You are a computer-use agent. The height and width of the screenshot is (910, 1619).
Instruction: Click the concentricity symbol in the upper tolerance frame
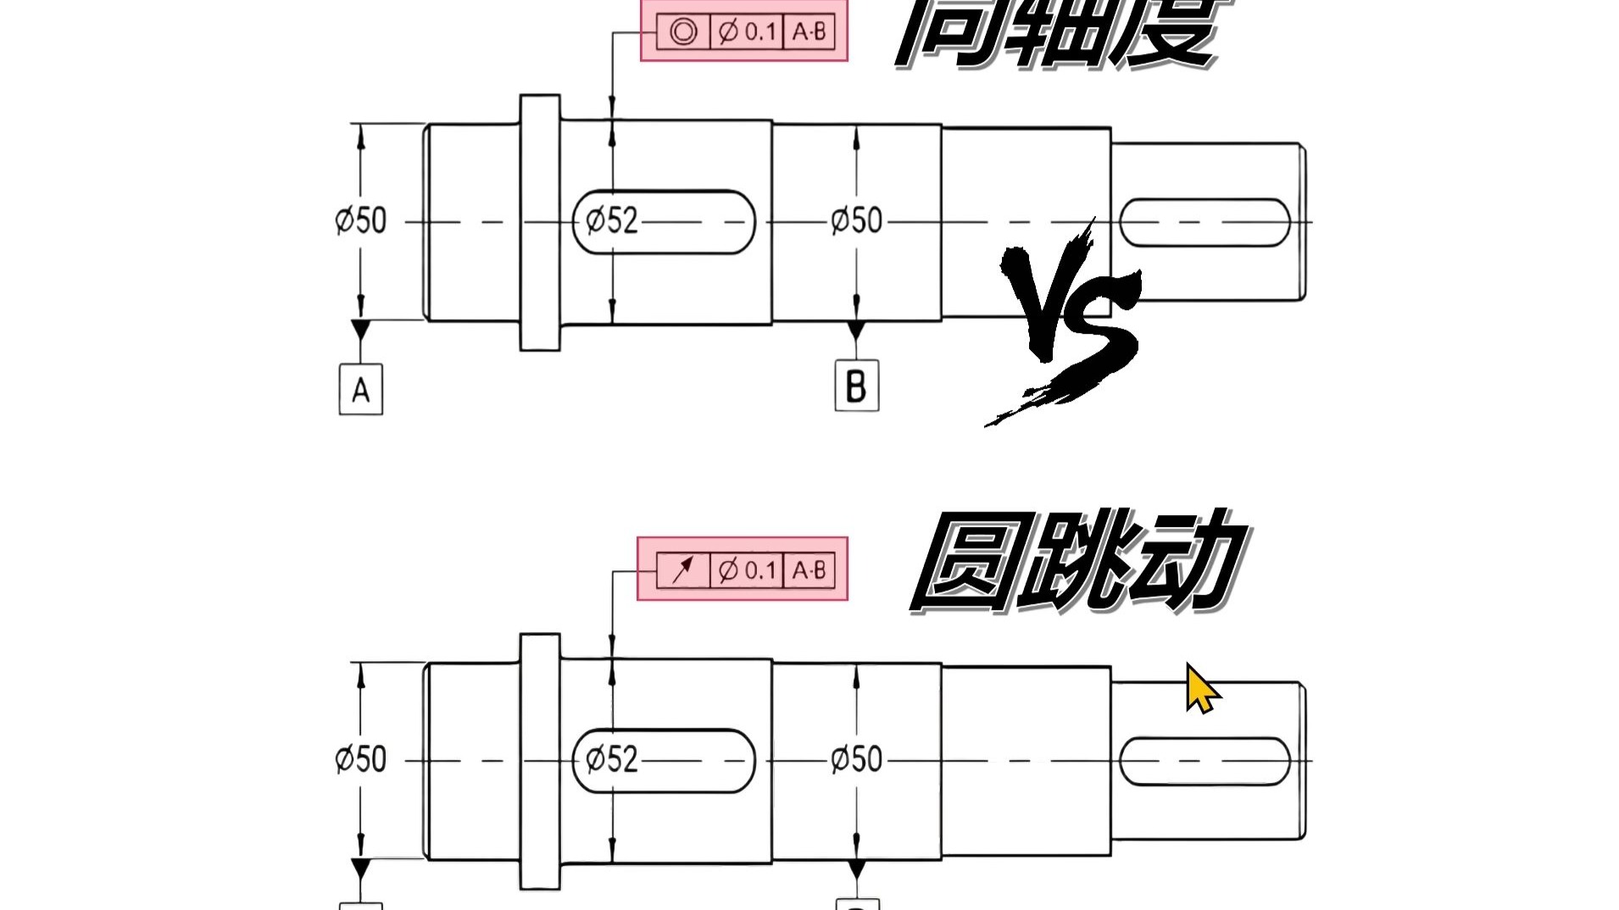pos(683,32)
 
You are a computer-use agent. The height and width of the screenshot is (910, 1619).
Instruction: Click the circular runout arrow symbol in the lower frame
pos(683,570)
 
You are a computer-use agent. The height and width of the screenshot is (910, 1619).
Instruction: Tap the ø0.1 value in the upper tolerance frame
pos(747,32)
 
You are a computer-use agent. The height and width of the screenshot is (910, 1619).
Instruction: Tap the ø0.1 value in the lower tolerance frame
pos(747,570)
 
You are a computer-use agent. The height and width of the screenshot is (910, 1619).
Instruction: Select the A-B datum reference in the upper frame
pos(809,32)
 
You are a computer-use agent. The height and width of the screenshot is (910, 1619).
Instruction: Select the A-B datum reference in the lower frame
pos(809,570)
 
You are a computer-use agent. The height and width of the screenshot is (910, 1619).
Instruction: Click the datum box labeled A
pos(361,390)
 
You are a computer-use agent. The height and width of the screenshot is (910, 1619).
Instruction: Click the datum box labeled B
pos(856,386)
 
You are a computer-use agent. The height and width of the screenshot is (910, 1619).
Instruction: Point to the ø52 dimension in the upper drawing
pos(611,220)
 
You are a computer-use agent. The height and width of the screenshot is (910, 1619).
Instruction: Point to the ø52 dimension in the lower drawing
pos(611,759)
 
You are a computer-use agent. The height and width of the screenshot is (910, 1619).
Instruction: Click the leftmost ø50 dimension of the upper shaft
pos(361,220)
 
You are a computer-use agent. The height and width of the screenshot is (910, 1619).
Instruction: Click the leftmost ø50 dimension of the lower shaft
pos(361,759)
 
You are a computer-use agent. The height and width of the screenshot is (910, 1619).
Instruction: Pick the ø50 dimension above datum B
pos(856,220)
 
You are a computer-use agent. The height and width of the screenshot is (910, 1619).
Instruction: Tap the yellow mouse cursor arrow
pos(1200,689)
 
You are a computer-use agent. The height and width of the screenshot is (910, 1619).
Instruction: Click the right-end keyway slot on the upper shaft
pos(1205,223)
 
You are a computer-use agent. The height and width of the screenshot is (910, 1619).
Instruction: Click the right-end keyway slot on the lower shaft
pos(1205,761)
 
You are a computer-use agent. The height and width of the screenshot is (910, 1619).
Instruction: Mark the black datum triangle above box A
pos(361,329)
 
